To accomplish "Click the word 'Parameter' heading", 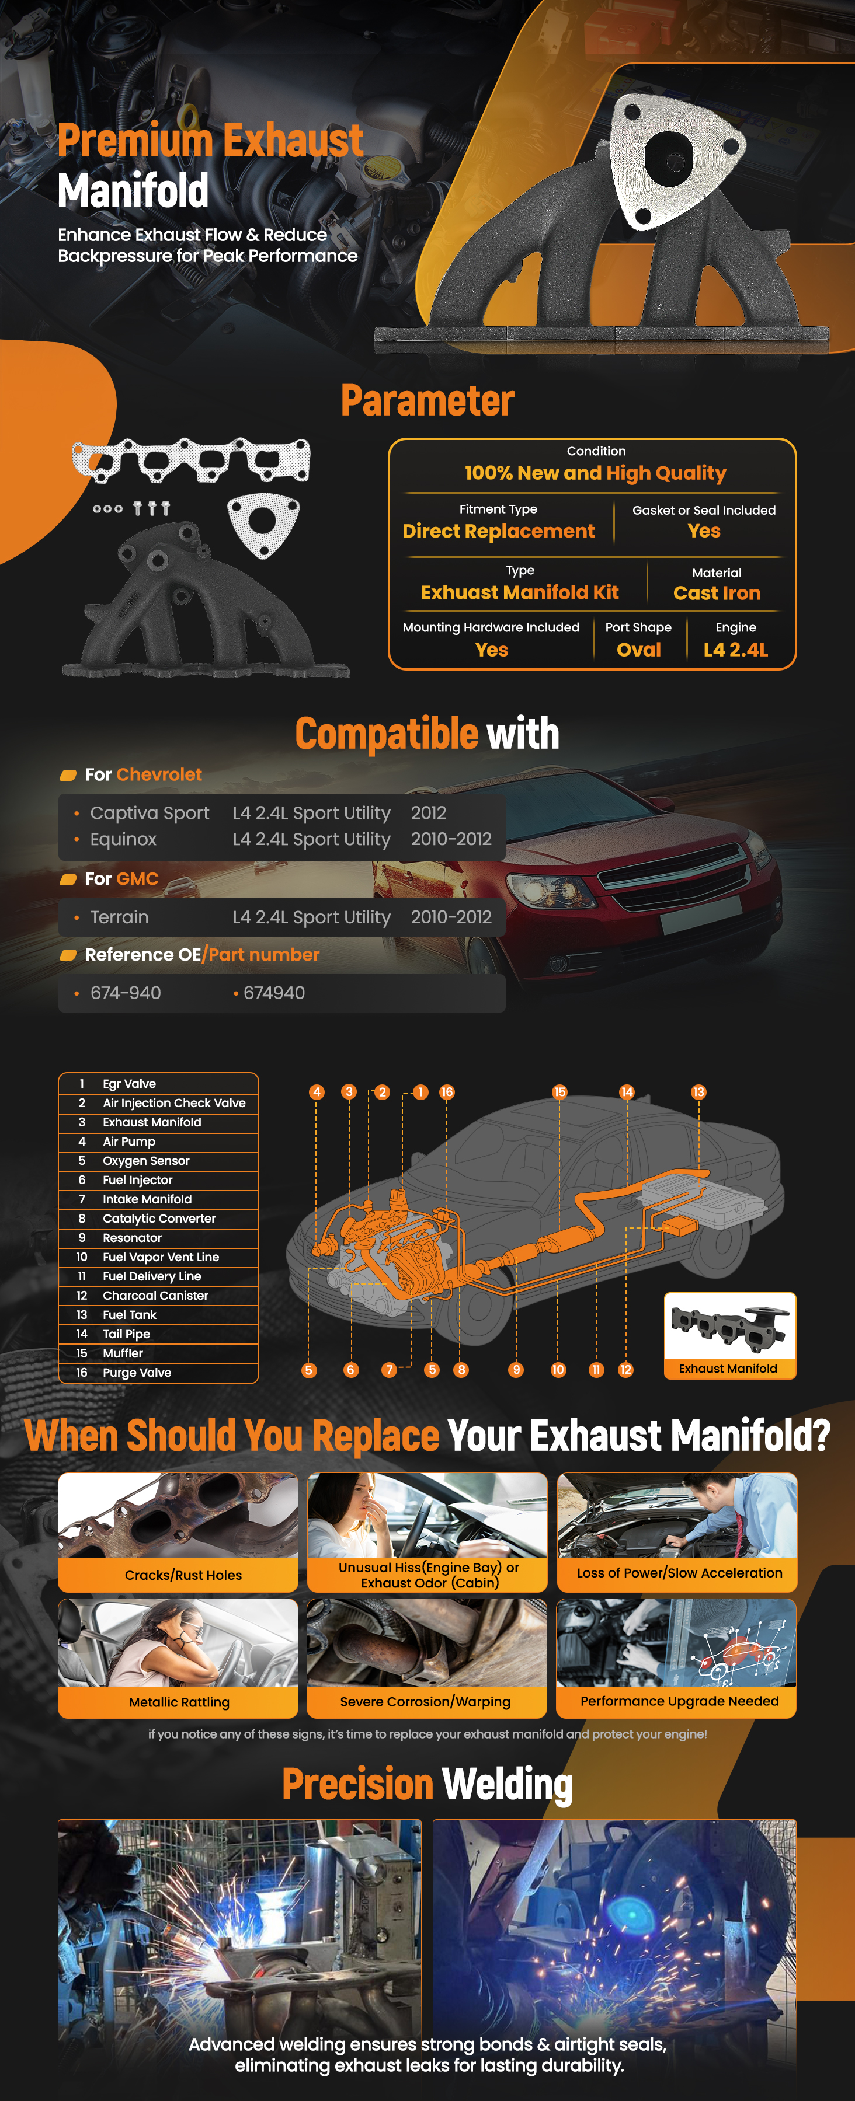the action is pos(427,400).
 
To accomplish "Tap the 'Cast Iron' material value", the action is pos(717,593).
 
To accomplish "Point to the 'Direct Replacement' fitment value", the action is pos(499,531).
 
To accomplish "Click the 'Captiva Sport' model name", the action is pos(150,813).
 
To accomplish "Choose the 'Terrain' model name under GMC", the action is pos(119,917).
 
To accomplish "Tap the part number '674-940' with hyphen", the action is pos(126,993).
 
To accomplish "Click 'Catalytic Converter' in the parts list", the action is pos(159,1219).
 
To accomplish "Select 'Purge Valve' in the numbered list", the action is pos(137,1373).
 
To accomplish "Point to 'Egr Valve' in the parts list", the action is pos(129,1084).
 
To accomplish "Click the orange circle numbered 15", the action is pos(559,1092).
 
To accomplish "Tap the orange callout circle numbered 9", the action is pos(516,1370).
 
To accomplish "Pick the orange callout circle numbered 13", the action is pos(698,1092).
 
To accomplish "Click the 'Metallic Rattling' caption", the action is pos(179,1702).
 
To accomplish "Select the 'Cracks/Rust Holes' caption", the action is pos(183,1575).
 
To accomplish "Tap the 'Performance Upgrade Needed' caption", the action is pos(680,1701).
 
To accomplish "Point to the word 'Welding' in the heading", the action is pos(508,1785).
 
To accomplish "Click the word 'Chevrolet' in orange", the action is pos(159,775).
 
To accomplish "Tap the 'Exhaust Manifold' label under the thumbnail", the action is pos(728,1369).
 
